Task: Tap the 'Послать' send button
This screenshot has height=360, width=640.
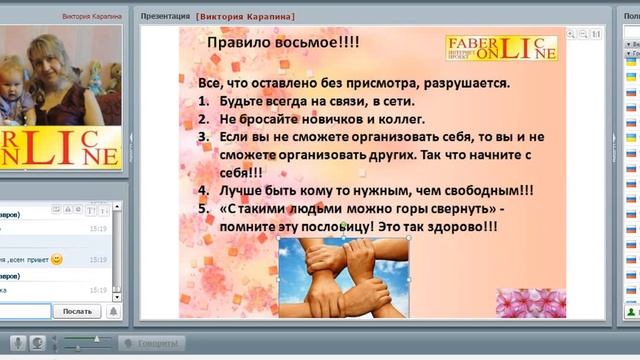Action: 77,311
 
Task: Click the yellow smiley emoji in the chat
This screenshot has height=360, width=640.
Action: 57,259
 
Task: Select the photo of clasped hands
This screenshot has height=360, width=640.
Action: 343,277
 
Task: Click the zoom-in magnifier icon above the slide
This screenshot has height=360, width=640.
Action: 570,34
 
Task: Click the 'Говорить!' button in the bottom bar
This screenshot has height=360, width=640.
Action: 152,343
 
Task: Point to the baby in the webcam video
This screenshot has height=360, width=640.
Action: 13,86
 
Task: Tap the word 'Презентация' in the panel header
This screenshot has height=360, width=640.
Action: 166,16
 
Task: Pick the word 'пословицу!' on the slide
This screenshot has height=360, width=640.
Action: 348,227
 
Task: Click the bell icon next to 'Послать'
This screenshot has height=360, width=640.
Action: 113,311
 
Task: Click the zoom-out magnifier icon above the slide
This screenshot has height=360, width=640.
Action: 583,34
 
